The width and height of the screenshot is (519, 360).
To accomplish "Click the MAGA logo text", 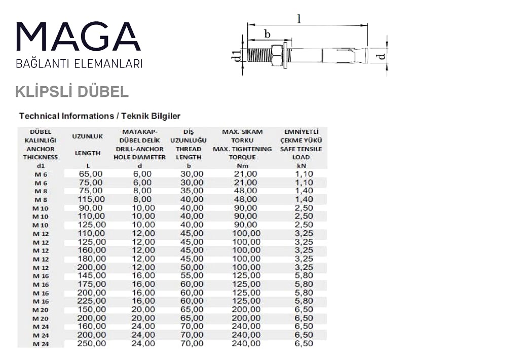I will (x=79, y=37).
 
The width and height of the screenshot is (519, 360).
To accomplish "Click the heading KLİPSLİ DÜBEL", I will (x=72, y=92).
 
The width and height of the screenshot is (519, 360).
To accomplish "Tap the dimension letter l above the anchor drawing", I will (x=299, y=19).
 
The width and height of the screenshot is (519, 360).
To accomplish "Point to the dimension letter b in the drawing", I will (x=267, y=34).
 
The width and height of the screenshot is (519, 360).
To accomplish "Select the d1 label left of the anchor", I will (x=236, y=55).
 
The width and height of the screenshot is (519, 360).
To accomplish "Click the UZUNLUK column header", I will (x=88, y=136).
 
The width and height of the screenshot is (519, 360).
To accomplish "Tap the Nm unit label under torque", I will (x=242, y=166).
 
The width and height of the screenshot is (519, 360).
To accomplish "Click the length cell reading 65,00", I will (x=91, y=174).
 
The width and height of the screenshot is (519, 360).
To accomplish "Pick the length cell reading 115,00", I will (x=91, y=199).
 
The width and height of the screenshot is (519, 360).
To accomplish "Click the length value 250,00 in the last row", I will (x=92, y=343).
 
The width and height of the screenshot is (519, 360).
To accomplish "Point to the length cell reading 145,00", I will (x=92, y=275).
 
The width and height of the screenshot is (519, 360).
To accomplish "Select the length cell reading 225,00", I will (x=92, y=301).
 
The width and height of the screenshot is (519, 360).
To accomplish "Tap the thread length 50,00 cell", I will (x=192, y=267).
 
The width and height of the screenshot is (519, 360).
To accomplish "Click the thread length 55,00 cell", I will (x=192, y=275).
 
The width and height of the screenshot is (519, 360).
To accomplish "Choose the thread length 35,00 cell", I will (x=192, y=191).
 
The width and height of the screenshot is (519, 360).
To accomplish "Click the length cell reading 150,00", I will (x=92, y=309).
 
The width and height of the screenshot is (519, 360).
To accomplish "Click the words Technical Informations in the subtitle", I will (x=64, y=116).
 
